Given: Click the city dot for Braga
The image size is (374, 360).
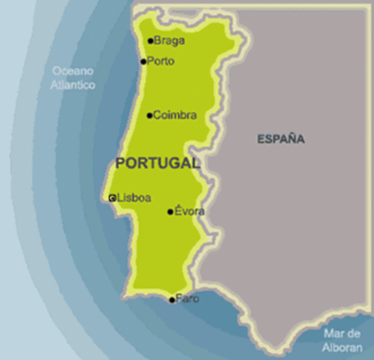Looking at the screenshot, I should click(x=150, y=41).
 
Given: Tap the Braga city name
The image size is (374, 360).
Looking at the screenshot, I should click(x=169, y=41).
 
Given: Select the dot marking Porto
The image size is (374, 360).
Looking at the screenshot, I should click(x=143, y=61).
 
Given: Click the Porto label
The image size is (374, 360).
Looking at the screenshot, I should click(x=161, y=61).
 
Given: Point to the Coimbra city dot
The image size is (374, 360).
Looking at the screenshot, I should click(x=149, y=115).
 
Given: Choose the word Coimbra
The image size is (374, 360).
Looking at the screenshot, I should click(x=175, y=115).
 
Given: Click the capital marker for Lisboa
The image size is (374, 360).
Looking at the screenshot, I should click(x=112, y=198).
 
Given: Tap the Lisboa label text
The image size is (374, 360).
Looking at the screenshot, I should click(x=134, y=198).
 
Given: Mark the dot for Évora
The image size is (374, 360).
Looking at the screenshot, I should click(x=170, y=211).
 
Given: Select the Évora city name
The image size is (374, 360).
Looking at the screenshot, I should click(x=189, y=211).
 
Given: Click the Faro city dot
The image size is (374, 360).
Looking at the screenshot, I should click(x=172, y=300).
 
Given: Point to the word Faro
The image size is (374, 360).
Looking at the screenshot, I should click(x=188, y=298).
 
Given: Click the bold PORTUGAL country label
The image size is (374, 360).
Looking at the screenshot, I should click(x=158, y=163).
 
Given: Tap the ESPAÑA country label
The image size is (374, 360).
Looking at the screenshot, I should click(x=281, y=139).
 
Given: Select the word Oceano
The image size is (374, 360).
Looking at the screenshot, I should click(x=72, y=71).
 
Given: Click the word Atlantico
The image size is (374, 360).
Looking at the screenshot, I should click(x=73, y=85).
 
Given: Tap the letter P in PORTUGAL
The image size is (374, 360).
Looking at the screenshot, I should click(x=121, y=163).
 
